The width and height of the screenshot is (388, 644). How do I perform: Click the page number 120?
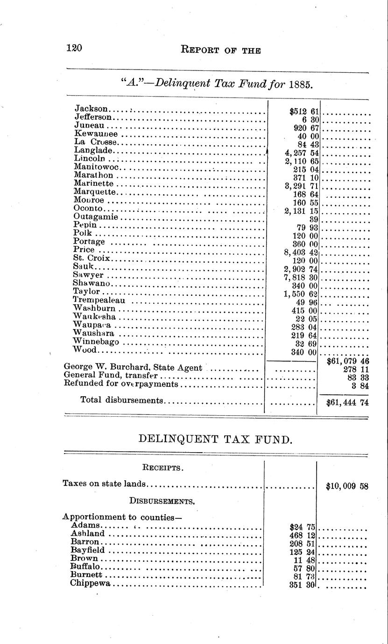(74, 48)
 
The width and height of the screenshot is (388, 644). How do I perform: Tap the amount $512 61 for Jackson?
(303, 111)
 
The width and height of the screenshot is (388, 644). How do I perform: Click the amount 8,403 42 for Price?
(301, 252)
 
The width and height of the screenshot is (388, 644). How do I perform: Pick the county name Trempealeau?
(99, 300)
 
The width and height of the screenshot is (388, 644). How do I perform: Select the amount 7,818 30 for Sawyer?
(301, 277)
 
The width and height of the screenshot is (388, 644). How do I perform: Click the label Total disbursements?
(122, 400)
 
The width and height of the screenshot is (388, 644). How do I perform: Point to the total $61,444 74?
(347, 401)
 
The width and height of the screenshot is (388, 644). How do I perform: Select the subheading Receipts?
(162, 467)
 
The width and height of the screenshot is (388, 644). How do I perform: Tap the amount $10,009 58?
(347, 486)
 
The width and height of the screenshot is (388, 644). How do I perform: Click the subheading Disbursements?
(162, 501)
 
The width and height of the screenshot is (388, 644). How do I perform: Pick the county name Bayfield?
(87, 550)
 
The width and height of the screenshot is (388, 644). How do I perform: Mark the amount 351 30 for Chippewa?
(303, 584)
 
